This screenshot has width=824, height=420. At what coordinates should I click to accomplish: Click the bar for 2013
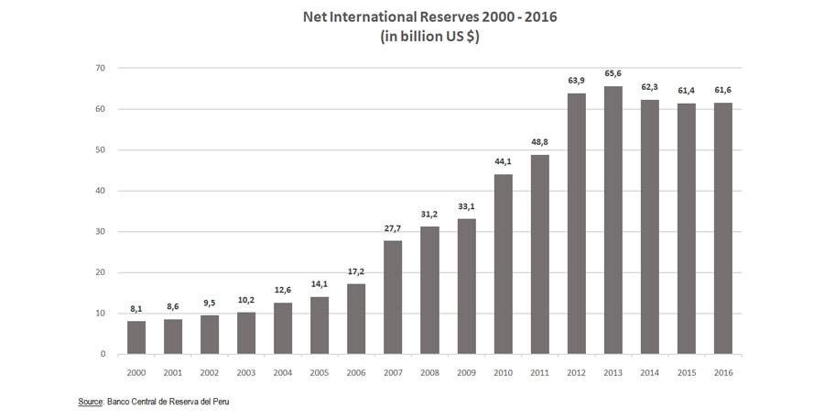613,220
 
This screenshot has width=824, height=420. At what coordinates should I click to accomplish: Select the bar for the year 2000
136,337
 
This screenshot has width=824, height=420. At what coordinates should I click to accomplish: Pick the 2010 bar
503,264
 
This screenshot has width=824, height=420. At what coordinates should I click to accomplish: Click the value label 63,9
576,83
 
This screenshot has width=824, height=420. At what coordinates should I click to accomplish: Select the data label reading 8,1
136,310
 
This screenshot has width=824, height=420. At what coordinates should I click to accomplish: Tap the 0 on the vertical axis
103,354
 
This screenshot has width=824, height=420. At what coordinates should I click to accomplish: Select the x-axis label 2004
283,371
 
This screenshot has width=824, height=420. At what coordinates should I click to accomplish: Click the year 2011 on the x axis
539,371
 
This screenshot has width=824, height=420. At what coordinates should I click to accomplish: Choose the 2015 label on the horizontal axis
687,371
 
